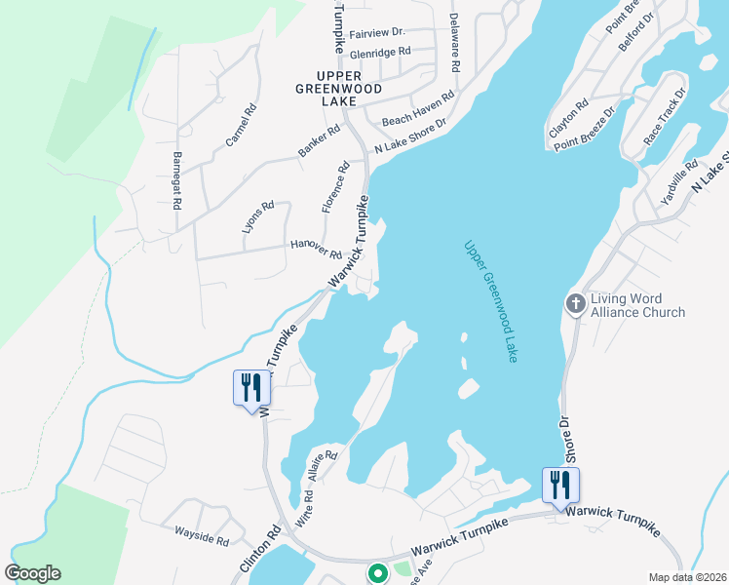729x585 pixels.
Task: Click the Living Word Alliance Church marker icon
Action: [575, 304]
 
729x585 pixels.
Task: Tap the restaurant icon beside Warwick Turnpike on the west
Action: [251, 388]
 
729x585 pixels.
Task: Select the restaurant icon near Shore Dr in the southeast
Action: [560, 485]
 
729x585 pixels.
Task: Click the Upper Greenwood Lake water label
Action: [489, 302]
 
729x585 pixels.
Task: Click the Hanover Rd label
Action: [316, 250]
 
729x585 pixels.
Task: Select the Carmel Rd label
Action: [240, 127]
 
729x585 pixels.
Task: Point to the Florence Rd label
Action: [334, 188]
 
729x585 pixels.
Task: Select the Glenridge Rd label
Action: [380, 52]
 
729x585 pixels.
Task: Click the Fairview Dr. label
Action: [375, 32]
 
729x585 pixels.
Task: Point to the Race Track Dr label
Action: [665, 116]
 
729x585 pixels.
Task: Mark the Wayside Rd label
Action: [202, 534]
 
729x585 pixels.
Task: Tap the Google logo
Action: [33, 573]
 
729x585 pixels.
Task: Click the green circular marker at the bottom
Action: [375, 574]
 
